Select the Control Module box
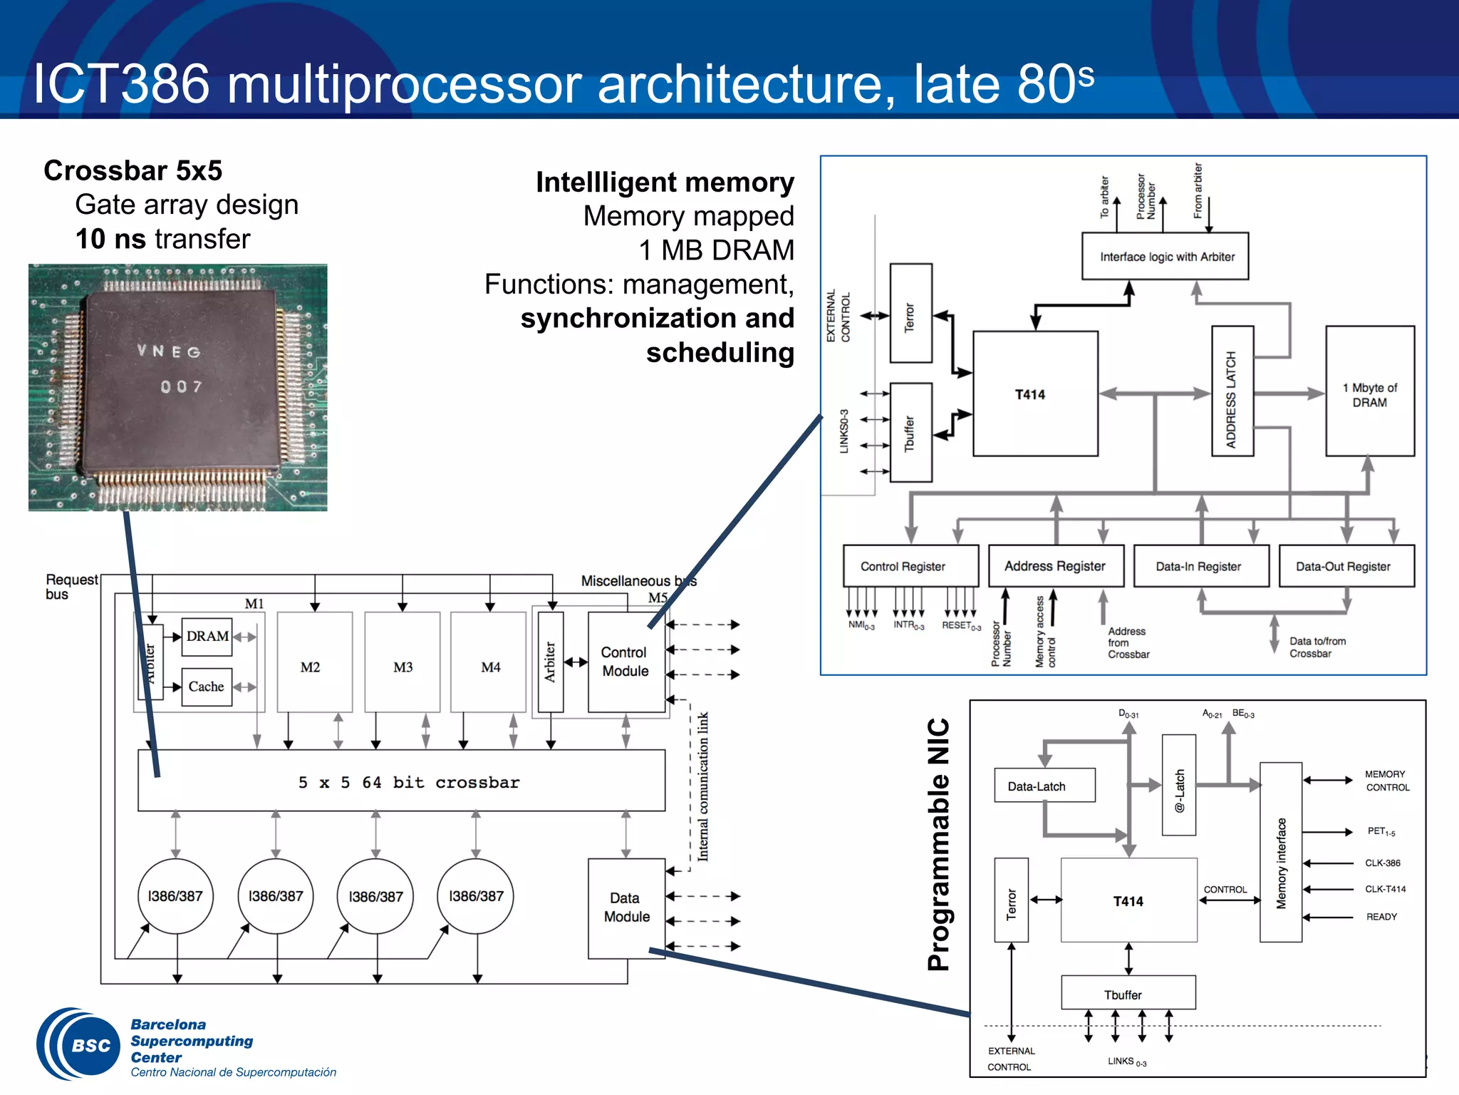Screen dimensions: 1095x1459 pos(625,662)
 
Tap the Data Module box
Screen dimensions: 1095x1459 pos(625,908)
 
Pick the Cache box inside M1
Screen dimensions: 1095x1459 pos(207,687)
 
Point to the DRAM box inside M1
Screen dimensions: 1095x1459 pos(207,636)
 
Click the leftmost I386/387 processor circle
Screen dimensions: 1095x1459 pos(175,896)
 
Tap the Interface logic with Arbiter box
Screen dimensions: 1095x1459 pos(1165,257)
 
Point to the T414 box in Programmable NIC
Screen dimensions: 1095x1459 pos(1128,900)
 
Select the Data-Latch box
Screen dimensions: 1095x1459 pos(1044,786)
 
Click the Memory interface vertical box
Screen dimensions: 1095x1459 pos(1281,853)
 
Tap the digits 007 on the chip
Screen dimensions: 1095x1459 pos(181,387)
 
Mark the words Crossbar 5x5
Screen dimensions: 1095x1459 pos(133,171)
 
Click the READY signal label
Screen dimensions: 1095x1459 pos(1381,917)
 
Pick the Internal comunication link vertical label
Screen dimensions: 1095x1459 pos(703,786)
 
